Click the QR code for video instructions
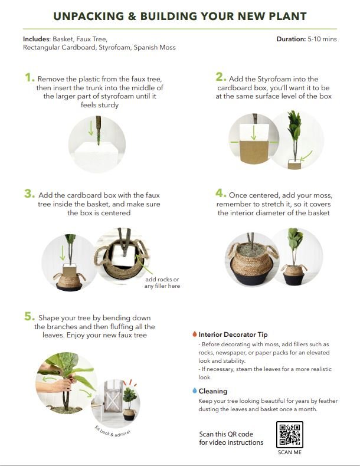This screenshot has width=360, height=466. coord(289,435)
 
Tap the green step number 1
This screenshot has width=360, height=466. coord(29,77)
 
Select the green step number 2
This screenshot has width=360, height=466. coord(220,77)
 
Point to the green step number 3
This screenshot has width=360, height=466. coord(29,193)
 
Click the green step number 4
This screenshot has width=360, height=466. coord(221,193)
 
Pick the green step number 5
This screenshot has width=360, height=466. coord(29,317)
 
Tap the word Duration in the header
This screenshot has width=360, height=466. coord(290,39)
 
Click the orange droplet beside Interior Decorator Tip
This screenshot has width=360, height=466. coord(195,334)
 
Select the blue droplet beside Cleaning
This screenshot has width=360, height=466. coord(195,390)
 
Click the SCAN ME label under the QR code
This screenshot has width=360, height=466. coord(289,453)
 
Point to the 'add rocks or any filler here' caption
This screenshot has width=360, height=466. coord(162,283)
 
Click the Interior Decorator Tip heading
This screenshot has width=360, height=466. coord(233,334)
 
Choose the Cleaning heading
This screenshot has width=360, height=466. coord(213,390)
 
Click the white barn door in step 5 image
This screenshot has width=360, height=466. coord(111,401)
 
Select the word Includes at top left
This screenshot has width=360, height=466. coord(36,39)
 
